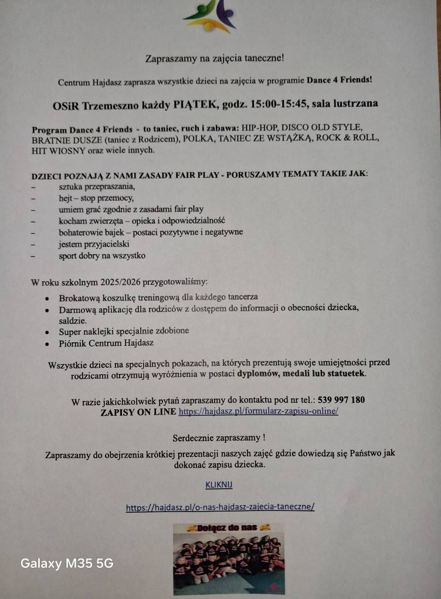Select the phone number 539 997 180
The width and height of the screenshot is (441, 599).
click(x=341, y=400)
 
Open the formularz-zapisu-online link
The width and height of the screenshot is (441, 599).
click(x=258, y=411)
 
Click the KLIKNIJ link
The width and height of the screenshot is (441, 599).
click(x=219, y=485)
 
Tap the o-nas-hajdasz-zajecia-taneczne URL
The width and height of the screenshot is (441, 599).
click(x=220, y=507)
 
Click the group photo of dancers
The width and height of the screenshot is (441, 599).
click(x=229, y=561)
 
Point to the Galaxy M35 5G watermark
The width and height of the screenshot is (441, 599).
click(x=67, y=564)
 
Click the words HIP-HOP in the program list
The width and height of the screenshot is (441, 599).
click(x=261, y=128)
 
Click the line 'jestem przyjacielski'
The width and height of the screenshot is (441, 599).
click(x=94, y=244)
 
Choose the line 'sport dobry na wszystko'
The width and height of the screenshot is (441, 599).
click(x=101, y=255)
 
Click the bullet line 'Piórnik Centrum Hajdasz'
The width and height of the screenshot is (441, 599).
click(x=106, y=342)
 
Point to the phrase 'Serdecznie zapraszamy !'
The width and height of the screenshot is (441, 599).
click(x=219, y=438)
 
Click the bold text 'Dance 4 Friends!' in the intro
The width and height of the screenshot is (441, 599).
click(x=341, y=80)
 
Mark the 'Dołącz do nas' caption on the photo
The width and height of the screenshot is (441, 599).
click(x=229, y=528)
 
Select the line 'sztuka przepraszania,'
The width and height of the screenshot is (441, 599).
click(x=97, y=186)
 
